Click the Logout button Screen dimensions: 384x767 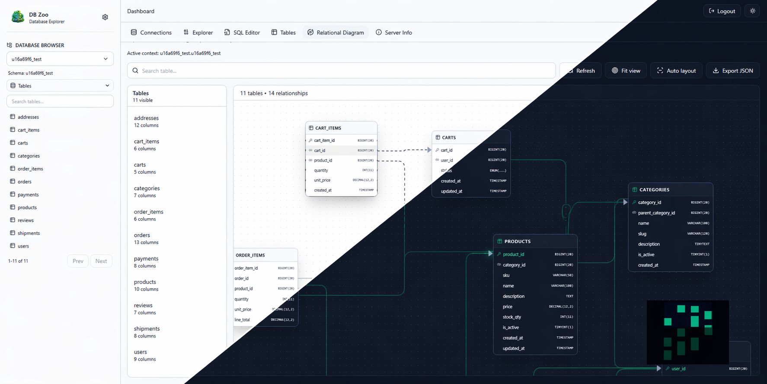click(722, 11)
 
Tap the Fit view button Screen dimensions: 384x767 click(626, 71)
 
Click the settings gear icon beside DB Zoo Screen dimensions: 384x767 click(105, 17)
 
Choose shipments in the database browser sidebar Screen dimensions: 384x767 click(29, 233)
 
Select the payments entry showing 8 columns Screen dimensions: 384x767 click(146, 262)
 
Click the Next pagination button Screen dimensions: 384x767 click(101, 261)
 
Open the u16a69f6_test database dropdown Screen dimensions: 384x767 click(60, 59)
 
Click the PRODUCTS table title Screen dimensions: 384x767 click(517, 242)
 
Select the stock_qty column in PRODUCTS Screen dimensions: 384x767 click(512, 317)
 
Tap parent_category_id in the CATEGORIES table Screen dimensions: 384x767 click(656, 213)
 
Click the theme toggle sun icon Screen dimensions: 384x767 click(752, 11)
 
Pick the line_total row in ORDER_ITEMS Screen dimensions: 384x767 click(243, 320)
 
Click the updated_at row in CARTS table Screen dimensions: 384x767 click(451, 191)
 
